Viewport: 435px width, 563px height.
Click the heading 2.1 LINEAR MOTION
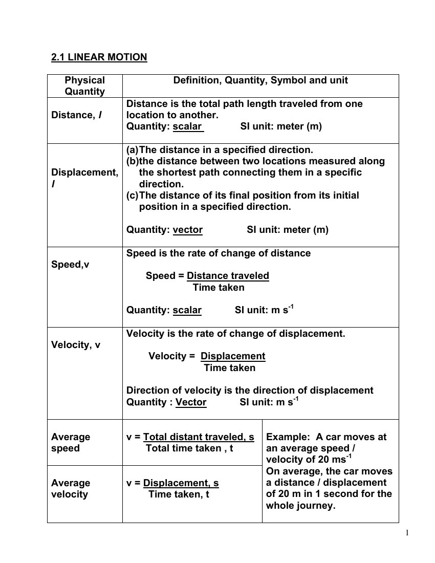[x=99, y=57]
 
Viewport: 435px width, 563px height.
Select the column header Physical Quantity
[x=84, y=86]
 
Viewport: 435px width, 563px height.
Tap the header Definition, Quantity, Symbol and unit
[x=260, y=80]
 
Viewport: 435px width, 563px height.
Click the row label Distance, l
[x=76, y=115]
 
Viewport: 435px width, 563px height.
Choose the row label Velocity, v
[x=76, y=345]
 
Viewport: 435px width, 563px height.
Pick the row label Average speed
[x=70, y=443]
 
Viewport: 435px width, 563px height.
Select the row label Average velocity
[x=70, y=489]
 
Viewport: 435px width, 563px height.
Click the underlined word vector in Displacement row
[x=187, y=230]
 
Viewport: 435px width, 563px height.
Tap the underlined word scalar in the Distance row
[x=188, y=126]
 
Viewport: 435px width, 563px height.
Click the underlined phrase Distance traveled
[x=228, y=276]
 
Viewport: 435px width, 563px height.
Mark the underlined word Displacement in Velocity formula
[x=233, y=356]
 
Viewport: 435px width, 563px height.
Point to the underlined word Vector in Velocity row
[x=191, y=402]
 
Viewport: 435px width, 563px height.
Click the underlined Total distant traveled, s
[x=199, y=437]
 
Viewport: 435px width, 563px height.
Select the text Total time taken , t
[x=189, y=448]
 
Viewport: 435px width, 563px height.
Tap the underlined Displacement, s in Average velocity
[x=181, y=483]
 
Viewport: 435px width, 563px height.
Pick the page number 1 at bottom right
[x=407, y=533]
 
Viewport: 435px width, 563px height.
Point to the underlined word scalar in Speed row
[x=187, y=310]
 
